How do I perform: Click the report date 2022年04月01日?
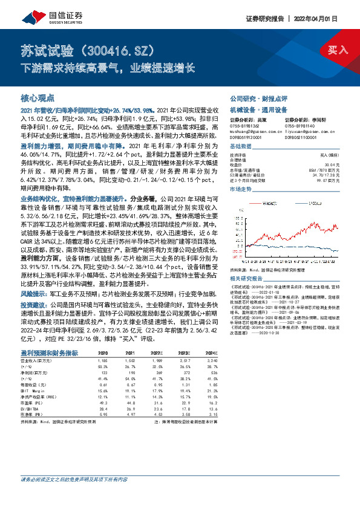pyautogui.click(x=326, y=19)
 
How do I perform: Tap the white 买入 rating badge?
pyautogui.click(x=338, y=50)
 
